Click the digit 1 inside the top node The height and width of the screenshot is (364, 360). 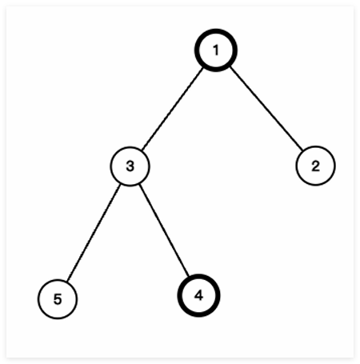pos(216,50)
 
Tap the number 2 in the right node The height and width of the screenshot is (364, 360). pos(315,166)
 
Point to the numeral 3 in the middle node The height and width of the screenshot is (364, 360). pos(130,166)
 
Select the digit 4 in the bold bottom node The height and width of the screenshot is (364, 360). pos(198,295)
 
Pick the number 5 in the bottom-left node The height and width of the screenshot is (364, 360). pos(58,299)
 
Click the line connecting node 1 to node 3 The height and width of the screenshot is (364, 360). pos(173,110)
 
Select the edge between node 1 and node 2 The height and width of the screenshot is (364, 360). pos(266,109)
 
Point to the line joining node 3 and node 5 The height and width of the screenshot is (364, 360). pos(94,233)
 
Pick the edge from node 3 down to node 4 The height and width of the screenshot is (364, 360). pos(164,230)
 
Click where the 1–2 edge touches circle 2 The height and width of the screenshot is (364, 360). pos(303,150)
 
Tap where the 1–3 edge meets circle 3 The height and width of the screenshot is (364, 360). pos(142,150)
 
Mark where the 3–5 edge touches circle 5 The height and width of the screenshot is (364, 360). pos(67,282)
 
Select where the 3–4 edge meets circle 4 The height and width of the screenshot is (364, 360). pos(189,276)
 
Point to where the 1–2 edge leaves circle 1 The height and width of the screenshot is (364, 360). pos(230,67)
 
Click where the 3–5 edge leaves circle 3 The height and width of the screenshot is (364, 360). pos(120,184)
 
